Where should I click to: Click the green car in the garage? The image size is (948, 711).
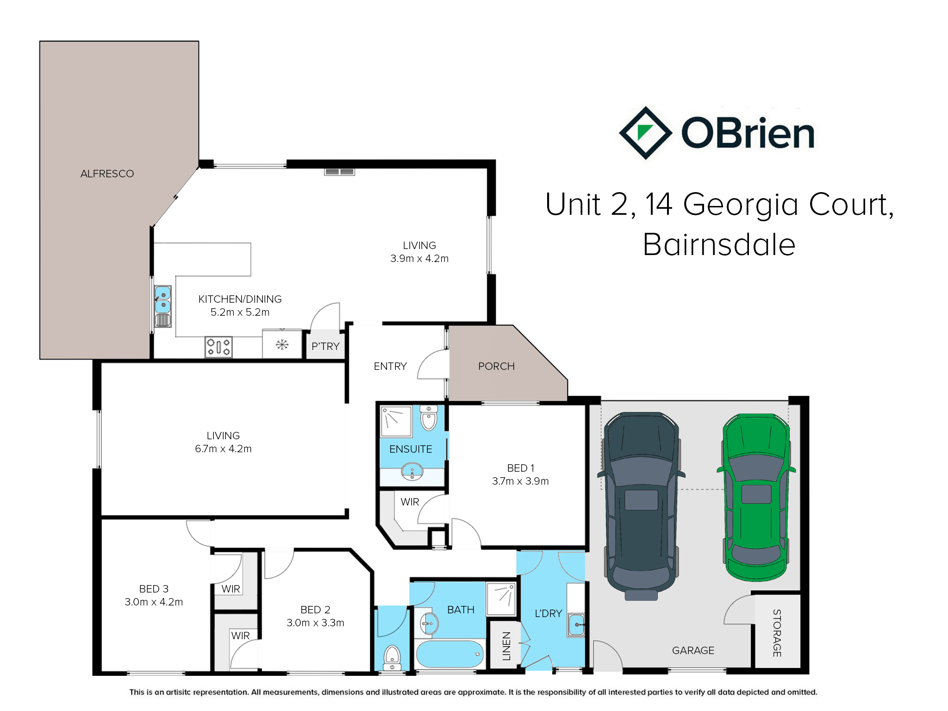[x=756, y=497]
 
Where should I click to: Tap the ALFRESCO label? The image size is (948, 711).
[x=107, y=174]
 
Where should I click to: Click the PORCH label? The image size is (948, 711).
[x=496, y=366]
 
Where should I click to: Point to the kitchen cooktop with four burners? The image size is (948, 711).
[x=218, y=347]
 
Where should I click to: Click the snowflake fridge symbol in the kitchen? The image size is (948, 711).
[x=282, y=344]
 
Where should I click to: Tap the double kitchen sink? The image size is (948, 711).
[x=162, y=306]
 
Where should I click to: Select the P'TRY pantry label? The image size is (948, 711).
[x=325, y=346]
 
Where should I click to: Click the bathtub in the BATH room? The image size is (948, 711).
[x=450, y=654]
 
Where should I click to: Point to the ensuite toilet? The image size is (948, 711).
[x=429, y=418]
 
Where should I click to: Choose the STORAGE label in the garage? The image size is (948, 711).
[x=777, y=633]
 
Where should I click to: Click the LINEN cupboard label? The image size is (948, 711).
[x=506, y=646]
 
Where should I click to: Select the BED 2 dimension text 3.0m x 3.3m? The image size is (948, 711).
[x=315, y=623]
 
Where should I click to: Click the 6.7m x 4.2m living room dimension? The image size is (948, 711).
[x=223, y=449]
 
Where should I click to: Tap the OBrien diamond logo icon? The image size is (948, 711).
[x=645, y=133]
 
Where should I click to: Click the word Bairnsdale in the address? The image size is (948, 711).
[x=719, y=244]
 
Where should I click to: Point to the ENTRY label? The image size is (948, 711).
[x=390, y=366]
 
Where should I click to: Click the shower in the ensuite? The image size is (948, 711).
[x=396, y=421]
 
